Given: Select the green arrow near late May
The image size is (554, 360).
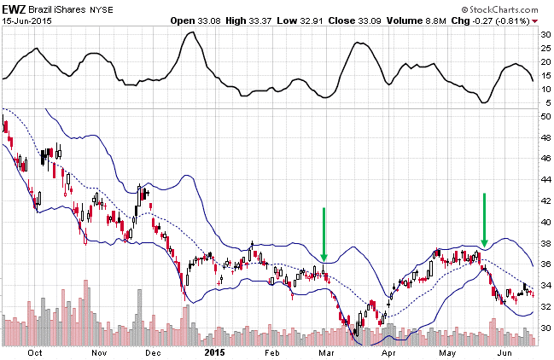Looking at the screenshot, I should tap(484, 220).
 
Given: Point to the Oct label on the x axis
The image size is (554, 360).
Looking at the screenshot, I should tap(37, 351).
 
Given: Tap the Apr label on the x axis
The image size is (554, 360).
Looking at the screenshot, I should tap(389, 351).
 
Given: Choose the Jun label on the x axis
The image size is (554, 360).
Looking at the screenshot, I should tap(506, 351).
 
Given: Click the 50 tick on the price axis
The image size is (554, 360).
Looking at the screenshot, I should tap(545, 115).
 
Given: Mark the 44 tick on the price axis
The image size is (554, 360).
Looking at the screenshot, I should tap(545, 179).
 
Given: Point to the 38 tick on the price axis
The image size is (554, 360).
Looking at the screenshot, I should tap(545, 243).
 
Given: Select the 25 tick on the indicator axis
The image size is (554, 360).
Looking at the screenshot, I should tap(545, 48).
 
